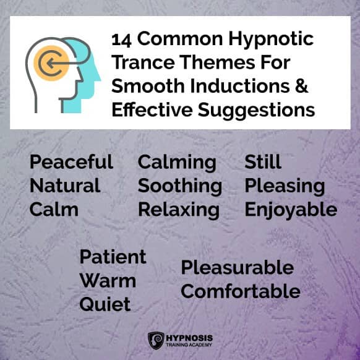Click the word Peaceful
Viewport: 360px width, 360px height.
coord(71,161)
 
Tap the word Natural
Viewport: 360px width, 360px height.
coord(65,186)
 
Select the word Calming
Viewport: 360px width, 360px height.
coord(177,163)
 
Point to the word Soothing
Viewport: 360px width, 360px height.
coord(180,187)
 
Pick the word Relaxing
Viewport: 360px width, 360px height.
coord(179,211)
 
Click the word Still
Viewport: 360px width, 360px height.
coord(263,161)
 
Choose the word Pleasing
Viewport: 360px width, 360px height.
coord(285,187)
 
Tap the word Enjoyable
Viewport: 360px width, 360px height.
coord(291,211)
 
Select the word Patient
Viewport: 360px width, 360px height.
coord(113,257)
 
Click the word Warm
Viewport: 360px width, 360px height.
coord(108,281)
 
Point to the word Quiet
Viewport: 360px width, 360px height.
coord(105,304)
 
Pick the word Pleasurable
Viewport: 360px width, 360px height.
coord(238,267)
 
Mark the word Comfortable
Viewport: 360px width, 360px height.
coord(241,291)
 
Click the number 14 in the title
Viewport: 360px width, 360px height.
coord(121,41)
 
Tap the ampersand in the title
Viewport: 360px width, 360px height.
coord(301,85)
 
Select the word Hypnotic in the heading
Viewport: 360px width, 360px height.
coord(271,40)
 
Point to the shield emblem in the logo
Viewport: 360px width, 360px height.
coord(156,340)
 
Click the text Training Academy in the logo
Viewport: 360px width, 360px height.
coord(189,345)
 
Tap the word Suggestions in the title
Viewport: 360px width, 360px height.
coord(256,110)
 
